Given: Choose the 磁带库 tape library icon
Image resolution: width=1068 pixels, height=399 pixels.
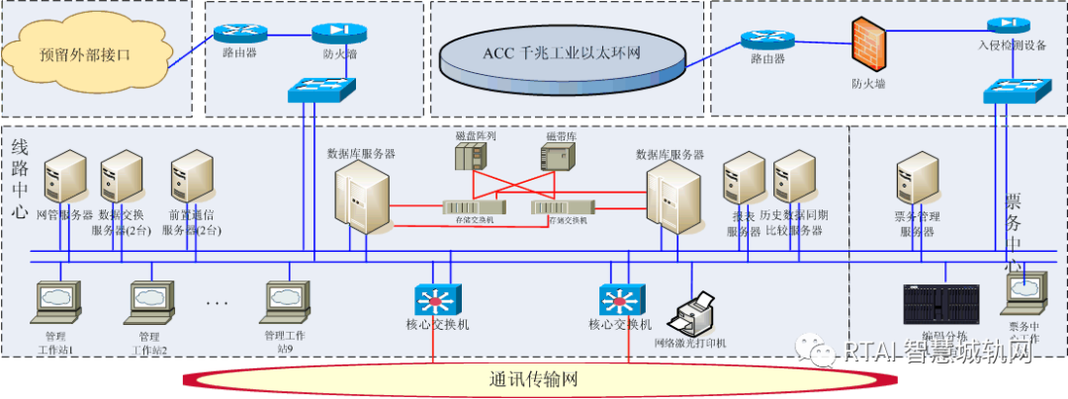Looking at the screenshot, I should (x=557, y=156).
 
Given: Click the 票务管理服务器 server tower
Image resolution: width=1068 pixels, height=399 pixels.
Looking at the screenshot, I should (x=917, y=178).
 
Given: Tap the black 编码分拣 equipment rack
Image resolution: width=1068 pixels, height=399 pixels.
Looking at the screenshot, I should (x=941, y=305).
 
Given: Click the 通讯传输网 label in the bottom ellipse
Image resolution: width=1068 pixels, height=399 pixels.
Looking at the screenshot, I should (x=533, y=379).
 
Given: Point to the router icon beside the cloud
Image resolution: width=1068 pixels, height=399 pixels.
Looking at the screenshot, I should (x=234, y=33).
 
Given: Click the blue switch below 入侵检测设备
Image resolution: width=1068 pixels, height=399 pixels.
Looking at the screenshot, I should (x=1009, y=92).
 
